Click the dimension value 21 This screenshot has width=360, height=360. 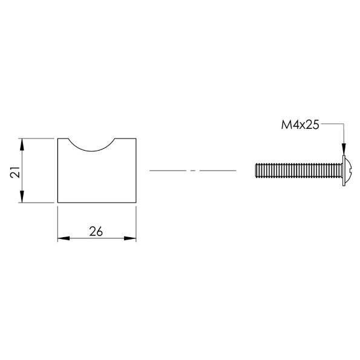15,171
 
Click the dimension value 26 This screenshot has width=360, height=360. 96,231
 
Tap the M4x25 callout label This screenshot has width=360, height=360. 300,126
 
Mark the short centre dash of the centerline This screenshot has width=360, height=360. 193,171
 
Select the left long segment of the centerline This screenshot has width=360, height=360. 168,171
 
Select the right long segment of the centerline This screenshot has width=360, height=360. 217,171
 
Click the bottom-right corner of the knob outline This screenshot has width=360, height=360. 135,203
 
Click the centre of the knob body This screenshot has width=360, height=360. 96,175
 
